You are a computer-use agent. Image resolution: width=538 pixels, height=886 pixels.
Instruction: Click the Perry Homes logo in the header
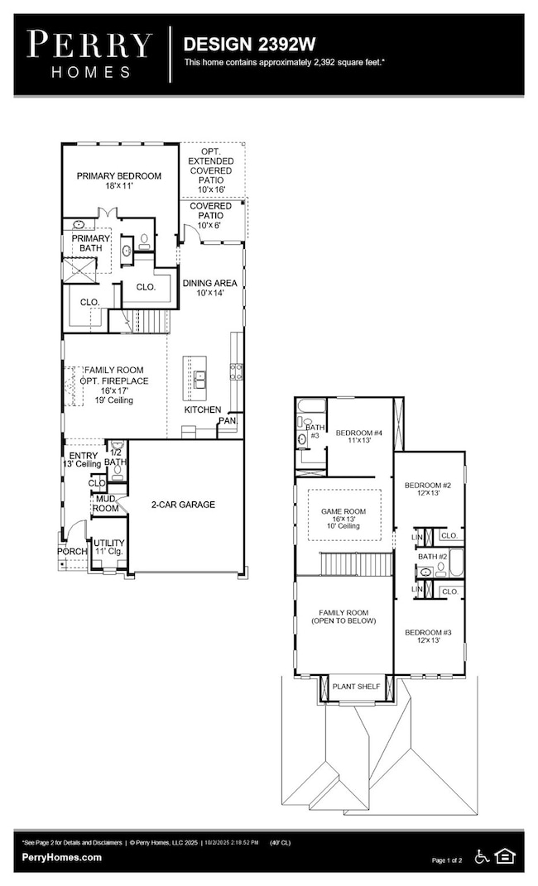click(90, 55)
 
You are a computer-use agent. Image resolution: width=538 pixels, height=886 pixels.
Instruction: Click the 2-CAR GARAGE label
click(182, 504)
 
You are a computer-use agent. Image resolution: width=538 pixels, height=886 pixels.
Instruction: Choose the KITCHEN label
click(202, 409)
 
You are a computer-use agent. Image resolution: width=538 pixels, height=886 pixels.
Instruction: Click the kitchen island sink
click(199, 379)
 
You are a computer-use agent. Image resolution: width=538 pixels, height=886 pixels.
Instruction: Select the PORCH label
click(72, 551)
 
